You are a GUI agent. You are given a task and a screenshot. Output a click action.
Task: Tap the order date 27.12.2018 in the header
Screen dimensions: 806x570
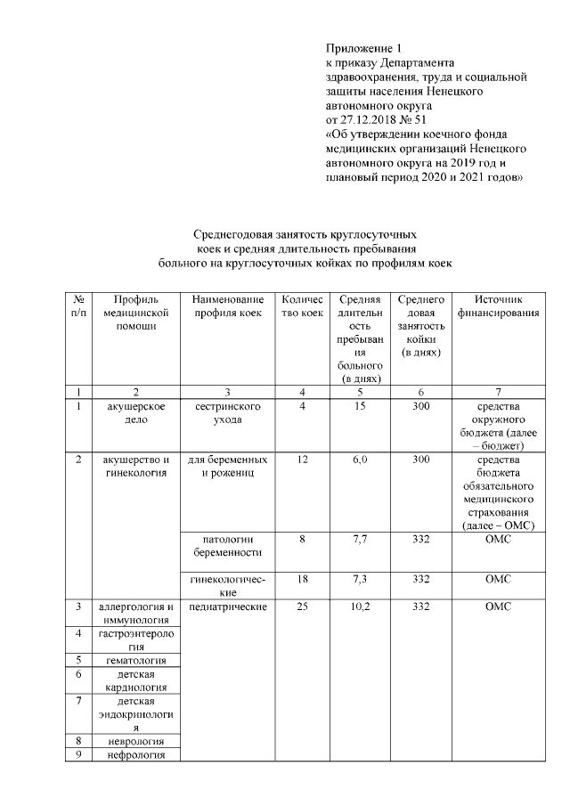pyautogui.click(x=372, y=120)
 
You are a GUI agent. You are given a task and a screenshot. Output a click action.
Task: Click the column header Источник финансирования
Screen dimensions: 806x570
pyautogui.click(x=498, y=306)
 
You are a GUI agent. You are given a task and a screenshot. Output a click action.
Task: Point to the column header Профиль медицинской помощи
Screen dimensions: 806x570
pyautogui.click(x=135, y=313)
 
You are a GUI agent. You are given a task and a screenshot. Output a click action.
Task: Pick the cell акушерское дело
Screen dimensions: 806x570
pyautogui.click(x=136, y=412)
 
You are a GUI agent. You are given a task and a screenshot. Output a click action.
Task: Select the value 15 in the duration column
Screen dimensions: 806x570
pyautogui.click(x=360, y=406)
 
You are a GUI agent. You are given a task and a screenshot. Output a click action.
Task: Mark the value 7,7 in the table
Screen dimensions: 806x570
pyautogui.click(x=360, y=539)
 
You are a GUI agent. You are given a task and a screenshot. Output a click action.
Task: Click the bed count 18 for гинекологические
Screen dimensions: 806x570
pyautogui.click(x=303, y=579)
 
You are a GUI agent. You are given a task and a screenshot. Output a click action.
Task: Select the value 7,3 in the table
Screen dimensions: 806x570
pyautogui.click(x=360, y=579)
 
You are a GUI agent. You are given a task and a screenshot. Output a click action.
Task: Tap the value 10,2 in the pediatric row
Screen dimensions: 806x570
pyautogui.click(x=360, y=607)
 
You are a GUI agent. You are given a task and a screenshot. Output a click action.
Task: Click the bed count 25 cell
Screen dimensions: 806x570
pyautogui.click(x=303, y=607)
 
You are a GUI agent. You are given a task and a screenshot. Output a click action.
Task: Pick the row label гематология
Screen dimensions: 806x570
pyautogui.click(x=136, y=660)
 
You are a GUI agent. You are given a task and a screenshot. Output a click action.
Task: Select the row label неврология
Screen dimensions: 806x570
pyautogui.click(x=136, y=740)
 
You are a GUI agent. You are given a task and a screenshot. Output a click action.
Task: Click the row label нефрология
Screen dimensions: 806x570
pyautogui.click(x=136, y=754)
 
